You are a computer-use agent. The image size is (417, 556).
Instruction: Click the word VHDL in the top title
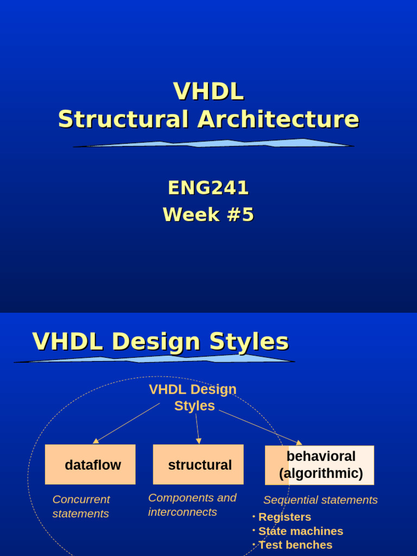pos(208,91)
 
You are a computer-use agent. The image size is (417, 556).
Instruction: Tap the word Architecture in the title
pos(278,119)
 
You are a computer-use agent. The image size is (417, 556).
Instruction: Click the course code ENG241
pos(208,188)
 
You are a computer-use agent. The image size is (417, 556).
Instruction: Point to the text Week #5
pos(208,215)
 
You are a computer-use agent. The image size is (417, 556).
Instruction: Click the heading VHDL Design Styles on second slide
pos(160,342)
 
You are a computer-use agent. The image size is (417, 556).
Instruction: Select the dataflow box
pos(90,465)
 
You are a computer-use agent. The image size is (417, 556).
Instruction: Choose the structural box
pos(198,465)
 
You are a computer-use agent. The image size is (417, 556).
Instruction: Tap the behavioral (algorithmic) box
pos(320,465)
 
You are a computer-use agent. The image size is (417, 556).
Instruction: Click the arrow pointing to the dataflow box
pos(126,423)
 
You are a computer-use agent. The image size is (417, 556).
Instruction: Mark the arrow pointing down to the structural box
pos(198,429)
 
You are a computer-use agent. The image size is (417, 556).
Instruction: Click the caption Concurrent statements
pos(81,506)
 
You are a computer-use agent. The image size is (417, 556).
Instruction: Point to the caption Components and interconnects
pos(192,505)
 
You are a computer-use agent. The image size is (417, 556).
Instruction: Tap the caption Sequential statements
pos(320,500)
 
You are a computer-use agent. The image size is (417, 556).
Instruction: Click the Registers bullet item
pos(285,517)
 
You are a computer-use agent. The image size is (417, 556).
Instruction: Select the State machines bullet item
pos(300,531)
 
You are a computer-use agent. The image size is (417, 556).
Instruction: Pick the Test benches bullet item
pos(295,545)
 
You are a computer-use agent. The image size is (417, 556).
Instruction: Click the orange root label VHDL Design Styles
pos(193,397)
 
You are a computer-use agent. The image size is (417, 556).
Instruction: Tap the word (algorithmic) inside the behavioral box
pos(321,473)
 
